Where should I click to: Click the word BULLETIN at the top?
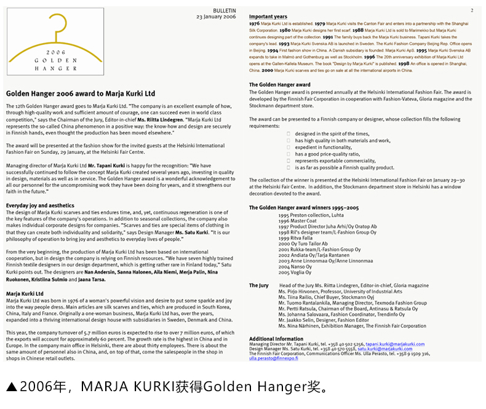click(224, 11)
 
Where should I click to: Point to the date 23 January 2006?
click(216, 17)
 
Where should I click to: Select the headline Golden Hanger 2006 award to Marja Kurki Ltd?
click(81, 93)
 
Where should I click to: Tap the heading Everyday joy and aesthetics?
click(40, 205)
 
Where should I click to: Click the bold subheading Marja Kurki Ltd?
click(25, 293)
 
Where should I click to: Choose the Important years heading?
click(268, 17)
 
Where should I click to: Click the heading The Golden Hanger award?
click(279, 84)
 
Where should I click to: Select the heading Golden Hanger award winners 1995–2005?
click(304, 208)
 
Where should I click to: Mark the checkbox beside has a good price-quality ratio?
click(289, 154)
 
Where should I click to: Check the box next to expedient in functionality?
click(289, 147)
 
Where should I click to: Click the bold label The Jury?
click(258, 285)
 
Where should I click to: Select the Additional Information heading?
click(276, 339)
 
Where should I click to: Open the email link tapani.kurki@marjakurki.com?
click(394, 344)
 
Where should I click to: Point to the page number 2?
click(472, 11)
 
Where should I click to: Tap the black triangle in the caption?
click(11, 387)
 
